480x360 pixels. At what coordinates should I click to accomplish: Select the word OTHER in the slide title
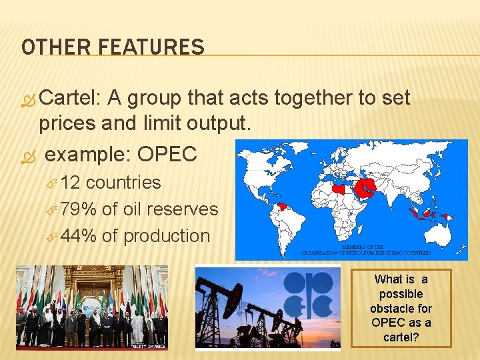pos(58,47)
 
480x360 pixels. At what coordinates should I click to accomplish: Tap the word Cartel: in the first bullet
pos(70,98)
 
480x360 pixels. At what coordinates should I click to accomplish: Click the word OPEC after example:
pos(167,154)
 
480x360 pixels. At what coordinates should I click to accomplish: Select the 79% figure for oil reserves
pos(79,209)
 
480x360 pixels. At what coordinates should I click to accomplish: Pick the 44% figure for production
pos(79,236)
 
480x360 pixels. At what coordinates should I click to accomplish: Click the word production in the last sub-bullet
pos(167,237)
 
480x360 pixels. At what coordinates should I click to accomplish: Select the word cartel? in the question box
pos(401,337)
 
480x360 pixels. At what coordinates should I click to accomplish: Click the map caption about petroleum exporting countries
pos(366,250)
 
